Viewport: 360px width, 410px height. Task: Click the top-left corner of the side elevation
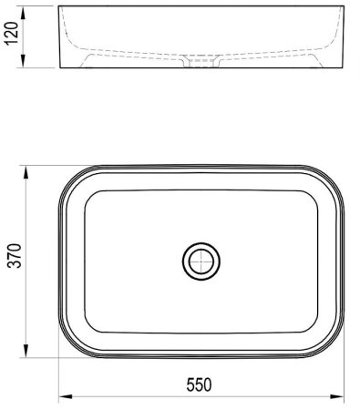pyautogui.click(x=60, y=8)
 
